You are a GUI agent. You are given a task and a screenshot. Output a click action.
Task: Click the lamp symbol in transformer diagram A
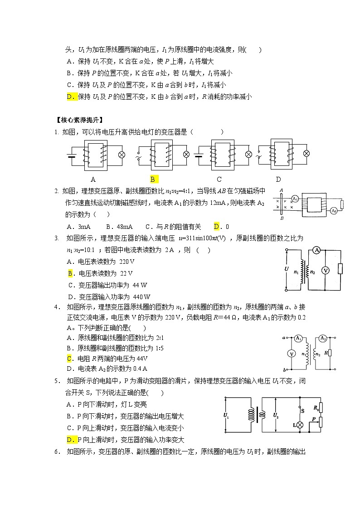(x=121, y=155)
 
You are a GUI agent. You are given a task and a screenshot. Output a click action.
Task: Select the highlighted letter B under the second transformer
(x=153, y=179)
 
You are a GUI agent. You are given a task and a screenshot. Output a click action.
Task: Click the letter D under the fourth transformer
(x=278, y=179)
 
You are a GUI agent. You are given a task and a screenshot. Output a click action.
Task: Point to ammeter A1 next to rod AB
(x=295, y=199)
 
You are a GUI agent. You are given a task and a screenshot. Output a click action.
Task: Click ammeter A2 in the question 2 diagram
(x=334, y=211)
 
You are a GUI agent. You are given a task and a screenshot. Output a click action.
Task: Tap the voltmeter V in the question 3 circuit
(x=325, y=270)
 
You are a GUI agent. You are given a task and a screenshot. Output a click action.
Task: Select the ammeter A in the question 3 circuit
(x=317, y=250)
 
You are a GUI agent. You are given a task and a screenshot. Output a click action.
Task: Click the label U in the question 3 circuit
(x=286, y=269)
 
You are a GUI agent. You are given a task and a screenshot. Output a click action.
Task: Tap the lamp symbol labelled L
(x=299, y=425)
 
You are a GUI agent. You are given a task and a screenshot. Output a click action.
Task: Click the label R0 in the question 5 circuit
(x=316, y=408)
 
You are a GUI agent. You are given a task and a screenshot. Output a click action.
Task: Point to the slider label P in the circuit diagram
(x=313, y=420)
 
